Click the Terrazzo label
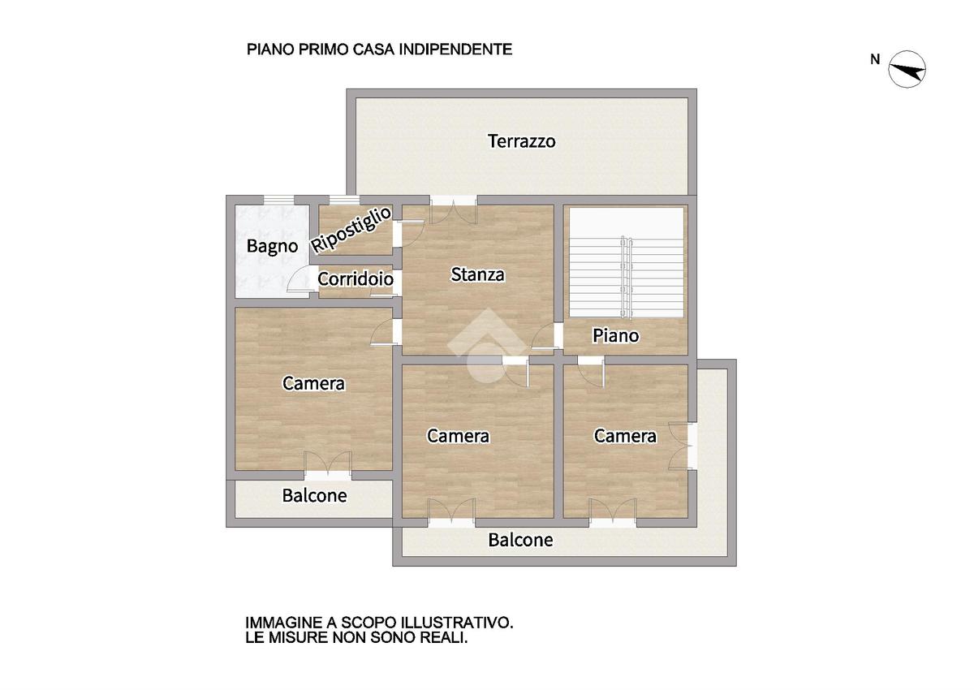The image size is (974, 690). coord(521,141)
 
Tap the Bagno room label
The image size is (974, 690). coord(272,246)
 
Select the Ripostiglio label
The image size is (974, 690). coord(352,230)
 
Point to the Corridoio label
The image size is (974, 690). coord(356,279)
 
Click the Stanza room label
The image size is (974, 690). coord(477,274)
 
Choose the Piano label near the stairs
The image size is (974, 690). coord(615,335)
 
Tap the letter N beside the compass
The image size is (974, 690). coord(875,58)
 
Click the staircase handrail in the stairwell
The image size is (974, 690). coord(625,276)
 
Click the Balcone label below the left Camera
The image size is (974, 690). coord(314,495)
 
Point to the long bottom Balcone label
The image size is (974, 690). coord(520,540)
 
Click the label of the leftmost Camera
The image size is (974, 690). coord(313,383)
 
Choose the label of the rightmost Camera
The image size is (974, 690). coord(625,436)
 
